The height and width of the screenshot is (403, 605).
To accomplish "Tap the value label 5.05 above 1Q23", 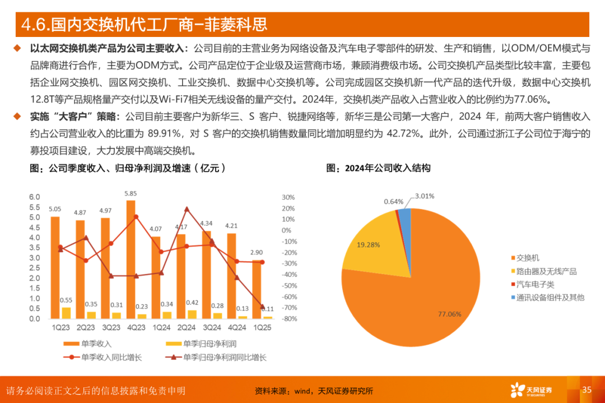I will click(x=55, y=209).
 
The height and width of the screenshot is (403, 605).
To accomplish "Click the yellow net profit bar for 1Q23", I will click(x=66, y=313).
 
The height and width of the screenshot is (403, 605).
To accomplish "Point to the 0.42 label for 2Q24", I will click(x=192, y=303).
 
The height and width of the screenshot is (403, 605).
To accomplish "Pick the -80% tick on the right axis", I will click(x=289, y=319).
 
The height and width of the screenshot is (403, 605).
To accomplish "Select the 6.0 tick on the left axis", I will click(x=35, y=197).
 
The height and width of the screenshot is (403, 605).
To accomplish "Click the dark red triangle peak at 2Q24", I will click(x=187, y=209).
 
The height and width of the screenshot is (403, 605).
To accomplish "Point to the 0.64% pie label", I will click(x=394, y=201).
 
